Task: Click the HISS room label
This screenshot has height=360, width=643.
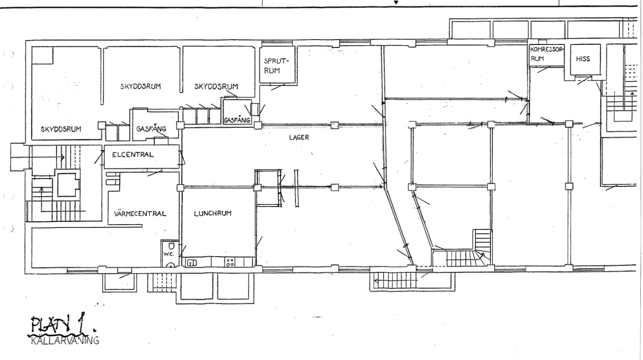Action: pos(583,59)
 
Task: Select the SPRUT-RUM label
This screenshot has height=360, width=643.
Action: pos(275,66)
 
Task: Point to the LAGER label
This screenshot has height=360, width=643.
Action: pos(299,138)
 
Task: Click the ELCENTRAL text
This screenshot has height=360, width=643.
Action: pos(133,155)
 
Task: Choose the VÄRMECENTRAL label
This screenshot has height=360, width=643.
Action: pos(140,214)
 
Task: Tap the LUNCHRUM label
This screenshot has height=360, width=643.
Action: pos(213,213)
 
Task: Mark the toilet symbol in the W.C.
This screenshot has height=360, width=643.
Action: pos(171,247)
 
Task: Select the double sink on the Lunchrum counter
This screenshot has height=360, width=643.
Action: pos(192,263)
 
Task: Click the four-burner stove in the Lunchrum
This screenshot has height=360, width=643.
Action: pos(230,262)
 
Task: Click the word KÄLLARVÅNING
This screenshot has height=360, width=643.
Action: pos(65,341)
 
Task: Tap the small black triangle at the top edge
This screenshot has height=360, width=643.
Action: pos(396,3)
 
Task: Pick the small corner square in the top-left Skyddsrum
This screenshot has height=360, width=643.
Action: pos(42,55)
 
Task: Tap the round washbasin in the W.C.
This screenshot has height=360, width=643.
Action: pos(171,265)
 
